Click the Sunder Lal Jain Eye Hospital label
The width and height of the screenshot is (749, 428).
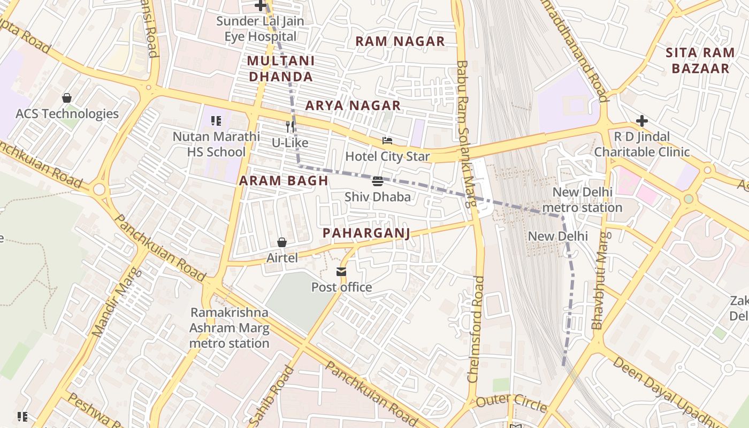pos(260,29)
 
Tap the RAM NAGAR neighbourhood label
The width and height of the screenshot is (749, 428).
pos(400,41)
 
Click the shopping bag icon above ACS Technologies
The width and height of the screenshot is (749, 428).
pos(67,98)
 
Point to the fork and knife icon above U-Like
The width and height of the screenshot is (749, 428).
pos(290,127)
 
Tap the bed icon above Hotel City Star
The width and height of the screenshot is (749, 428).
pos(387,141)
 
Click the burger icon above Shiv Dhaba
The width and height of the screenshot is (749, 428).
pos(378,181)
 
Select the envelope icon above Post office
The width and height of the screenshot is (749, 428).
pos(341,272)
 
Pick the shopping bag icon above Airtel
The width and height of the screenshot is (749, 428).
pos(282,242)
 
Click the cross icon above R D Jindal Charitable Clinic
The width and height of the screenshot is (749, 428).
pos(641,121)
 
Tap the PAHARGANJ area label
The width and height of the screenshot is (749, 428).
pos(366,233)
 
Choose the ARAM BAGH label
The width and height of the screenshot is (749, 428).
pos(284,181)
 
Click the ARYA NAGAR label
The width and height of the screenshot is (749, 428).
pos(353,106)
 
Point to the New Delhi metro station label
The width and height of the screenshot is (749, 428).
pos(582,200)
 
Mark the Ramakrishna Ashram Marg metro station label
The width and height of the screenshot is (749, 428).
pos(230,327)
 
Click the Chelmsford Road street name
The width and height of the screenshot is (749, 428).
pos(476,328)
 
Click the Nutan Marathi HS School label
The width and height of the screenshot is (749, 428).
pos(216,144)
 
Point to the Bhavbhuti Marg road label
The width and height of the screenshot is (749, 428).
pos(599,280)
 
